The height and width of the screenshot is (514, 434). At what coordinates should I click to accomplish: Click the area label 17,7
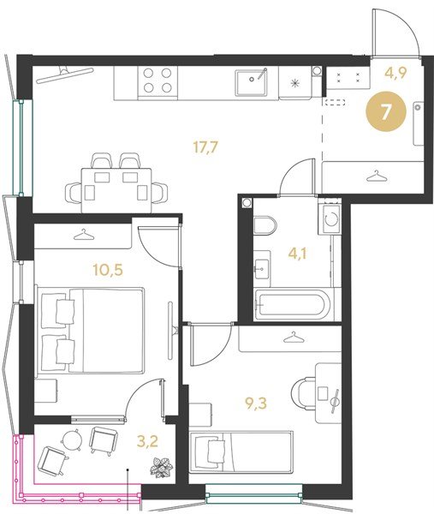[205, 147]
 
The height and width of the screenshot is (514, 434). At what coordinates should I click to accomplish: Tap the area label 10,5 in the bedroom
[108, 270]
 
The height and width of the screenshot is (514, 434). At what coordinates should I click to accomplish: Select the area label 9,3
[256, 403]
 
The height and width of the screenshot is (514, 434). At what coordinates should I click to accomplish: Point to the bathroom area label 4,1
[297, 254]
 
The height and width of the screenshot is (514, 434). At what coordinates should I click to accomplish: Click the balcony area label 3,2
[147, 441]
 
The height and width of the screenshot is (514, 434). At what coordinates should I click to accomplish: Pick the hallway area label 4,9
[396, 72]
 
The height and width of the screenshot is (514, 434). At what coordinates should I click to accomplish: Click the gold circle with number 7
[386, 111]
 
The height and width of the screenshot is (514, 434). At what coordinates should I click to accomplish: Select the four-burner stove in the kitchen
[158, 82]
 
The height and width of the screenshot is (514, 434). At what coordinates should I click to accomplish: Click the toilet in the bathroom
[265, 225]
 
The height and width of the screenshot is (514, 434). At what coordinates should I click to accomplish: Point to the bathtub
[289, 304]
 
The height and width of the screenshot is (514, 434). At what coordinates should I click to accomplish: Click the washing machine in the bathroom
[330, 218]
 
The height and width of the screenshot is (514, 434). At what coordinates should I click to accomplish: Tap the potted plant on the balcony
[162, 467]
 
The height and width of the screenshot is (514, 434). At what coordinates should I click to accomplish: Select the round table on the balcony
[72, 439]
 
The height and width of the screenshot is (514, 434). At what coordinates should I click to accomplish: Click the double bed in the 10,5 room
[91, 331]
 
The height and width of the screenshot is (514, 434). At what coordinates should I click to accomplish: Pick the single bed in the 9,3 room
[241, 452]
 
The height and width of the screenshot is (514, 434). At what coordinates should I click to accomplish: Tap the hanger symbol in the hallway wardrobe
[377, 176]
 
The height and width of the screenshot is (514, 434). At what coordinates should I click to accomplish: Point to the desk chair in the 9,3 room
[303, 393]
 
